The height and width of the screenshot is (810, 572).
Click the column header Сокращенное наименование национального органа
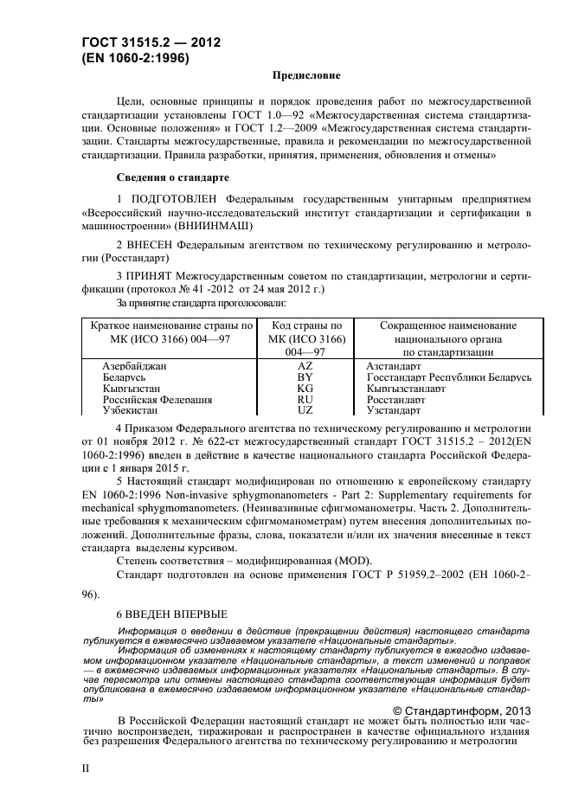tap(448, 338)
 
